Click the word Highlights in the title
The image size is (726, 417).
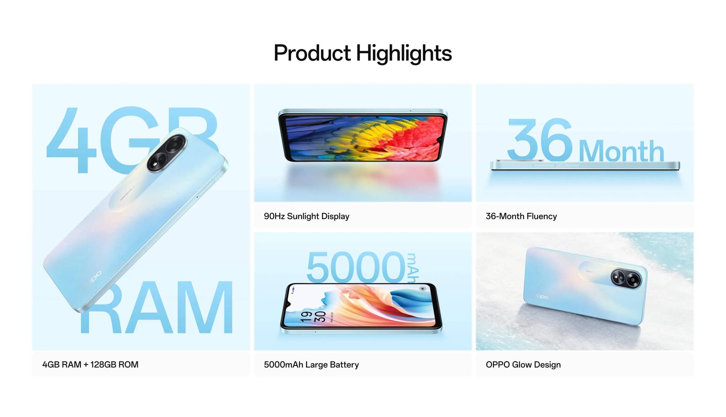tap(404, 54)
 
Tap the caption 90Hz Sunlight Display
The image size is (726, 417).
tap(307, 216)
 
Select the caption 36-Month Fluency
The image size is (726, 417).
tap(521, 216)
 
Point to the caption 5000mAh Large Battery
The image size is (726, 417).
tap(311, 364)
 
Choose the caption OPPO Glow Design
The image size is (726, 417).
tap(523, 364)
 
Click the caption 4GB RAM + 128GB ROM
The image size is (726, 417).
tap(90, 364)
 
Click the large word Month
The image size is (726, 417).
tap(621, 151)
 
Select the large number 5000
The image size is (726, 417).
tap(356, 267)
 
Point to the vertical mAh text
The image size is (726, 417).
tap(413, 268)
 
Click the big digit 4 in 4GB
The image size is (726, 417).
tap(71, 140)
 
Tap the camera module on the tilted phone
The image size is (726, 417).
tap(167, 153)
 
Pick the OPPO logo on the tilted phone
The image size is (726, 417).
tap(92, 281)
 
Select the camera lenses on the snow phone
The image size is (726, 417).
tap(626, 278)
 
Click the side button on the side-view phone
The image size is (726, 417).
tap(544, 165)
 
